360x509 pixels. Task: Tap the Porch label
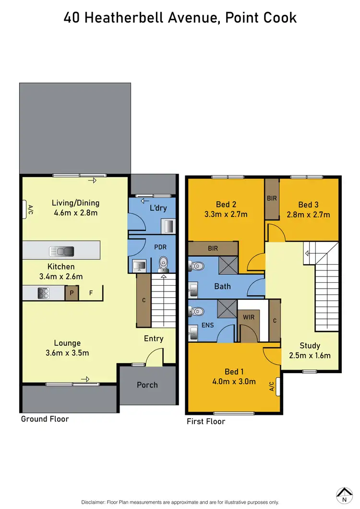pyautogui.click(x=147, y=385)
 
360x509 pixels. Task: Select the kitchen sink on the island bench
pyautogui.click(x=61, y=251)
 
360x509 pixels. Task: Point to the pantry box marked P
pyautogui.click(x=72, y=293)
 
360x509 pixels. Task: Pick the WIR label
pyautogui.click(x=249, y=317)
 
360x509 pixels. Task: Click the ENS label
pyautogui.click(x=207, y=325)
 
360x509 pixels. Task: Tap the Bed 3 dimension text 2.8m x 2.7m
pyautogui.click(x=308, y=214)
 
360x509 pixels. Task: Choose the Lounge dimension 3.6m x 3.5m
pyautogui.click(x=67, y=353)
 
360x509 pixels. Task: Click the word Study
pyautogui.click(x=310, y=345)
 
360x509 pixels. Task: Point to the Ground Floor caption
pyautogui.click(x=45, y=419)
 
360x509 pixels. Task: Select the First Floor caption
pyautogui.click(x=206, y=421)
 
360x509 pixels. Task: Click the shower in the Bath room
pyautogui.click(x=226, y=265)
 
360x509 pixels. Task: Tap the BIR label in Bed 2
pyautogui.click(x=213, y=249)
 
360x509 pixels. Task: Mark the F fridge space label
pyautogui.click(x=91, y=292)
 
